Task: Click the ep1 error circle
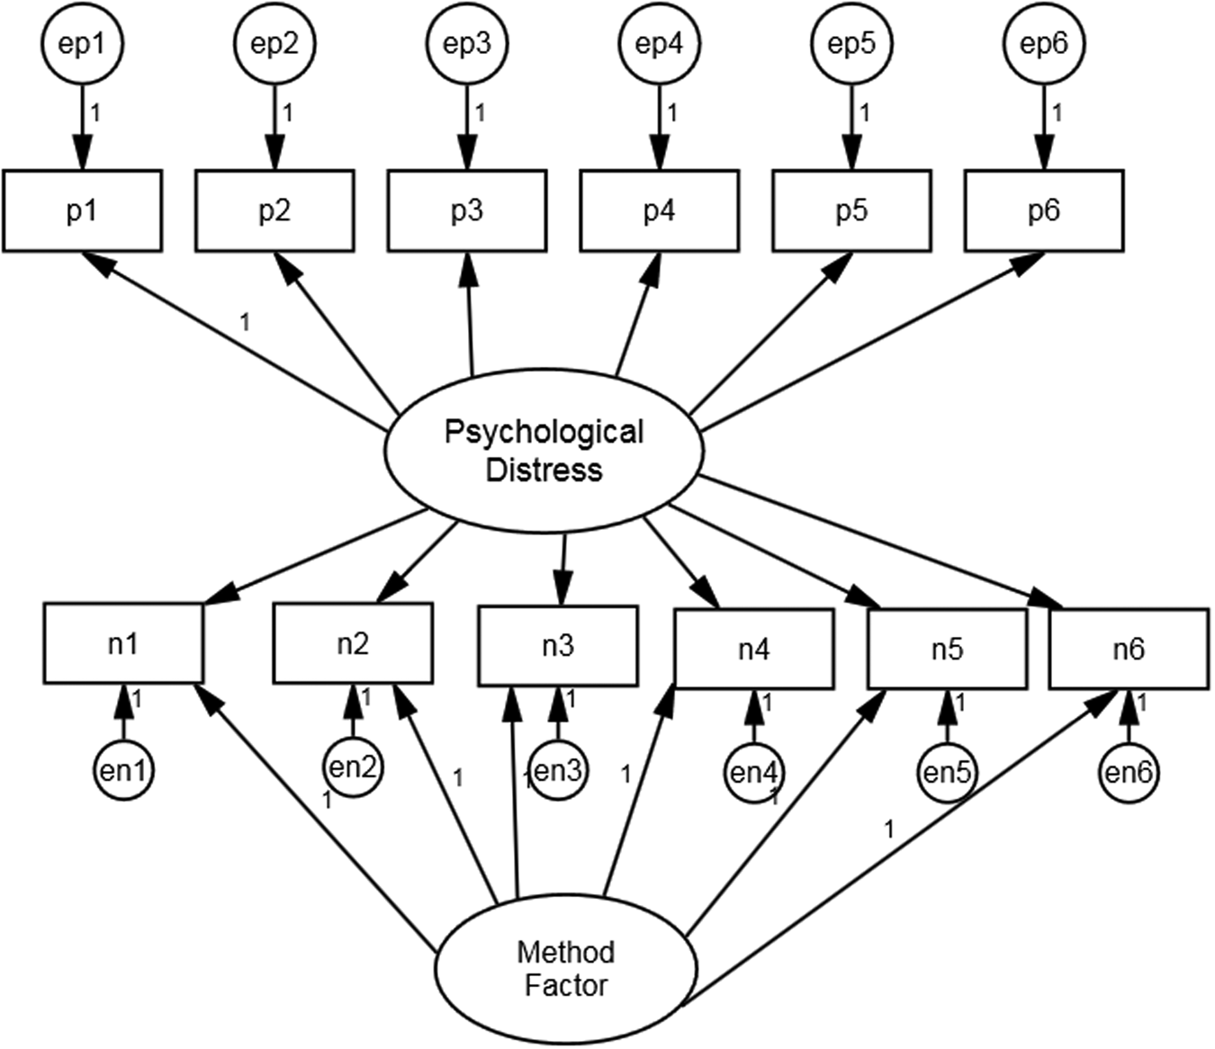point(82,43)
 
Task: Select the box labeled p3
point(466,211)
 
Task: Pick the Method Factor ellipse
point(565,969)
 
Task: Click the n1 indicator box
point(123,643)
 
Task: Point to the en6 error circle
point(1129,772)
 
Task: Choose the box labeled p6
point(1043,211)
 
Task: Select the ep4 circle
point(659,43)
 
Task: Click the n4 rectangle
point(753,649)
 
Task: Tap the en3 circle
point(558,771)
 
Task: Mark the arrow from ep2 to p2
point(274,126)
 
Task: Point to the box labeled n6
point(1129,649)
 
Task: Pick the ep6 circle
point(1043,43)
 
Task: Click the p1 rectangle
point(82,211)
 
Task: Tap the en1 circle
point(123,771)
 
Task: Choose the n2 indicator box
point(353,643)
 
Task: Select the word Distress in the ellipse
point(544,470)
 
